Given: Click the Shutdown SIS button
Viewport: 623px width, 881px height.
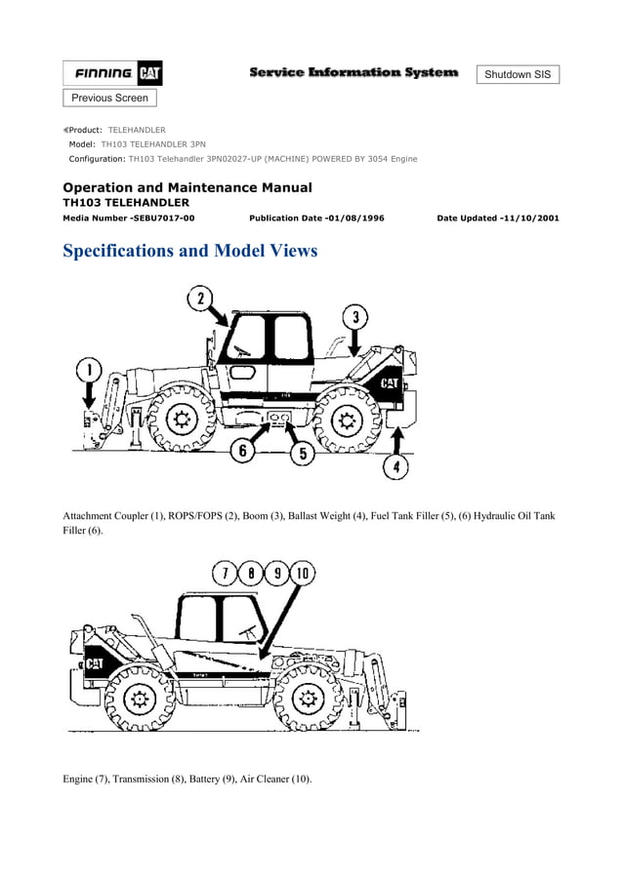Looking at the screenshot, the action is tap(518, 74).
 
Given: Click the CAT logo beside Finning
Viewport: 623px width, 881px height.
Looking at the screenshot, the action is tap(150, 73).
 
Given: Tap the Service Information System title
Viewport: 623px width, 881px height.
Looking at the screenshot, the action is tap(353, 72).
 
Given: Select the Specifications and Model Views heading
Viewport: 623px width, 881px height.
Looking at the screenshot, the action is tap(189, 251).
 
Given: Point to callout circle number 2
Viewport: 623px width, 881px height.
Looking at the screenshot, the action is tap(201, 300).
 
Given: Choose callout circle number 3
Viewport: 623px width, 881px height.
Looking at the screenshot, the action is tap(355, 317).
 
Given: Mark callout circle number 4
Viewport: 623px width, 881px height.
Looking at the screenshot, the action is tap(395, 467).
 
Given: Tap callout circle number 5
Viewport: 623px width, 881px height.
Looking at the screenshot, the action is tap(303, 452).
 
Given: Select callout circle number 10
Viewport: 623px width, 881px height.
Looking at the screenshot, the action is tap(302, 574).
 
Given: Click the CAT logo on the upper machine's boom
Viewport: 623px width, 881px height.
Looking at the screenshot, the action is tap(389, 383).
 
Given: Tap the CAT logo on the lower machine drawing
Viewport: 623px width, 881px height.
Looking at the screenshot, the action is tap(95, 663).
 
